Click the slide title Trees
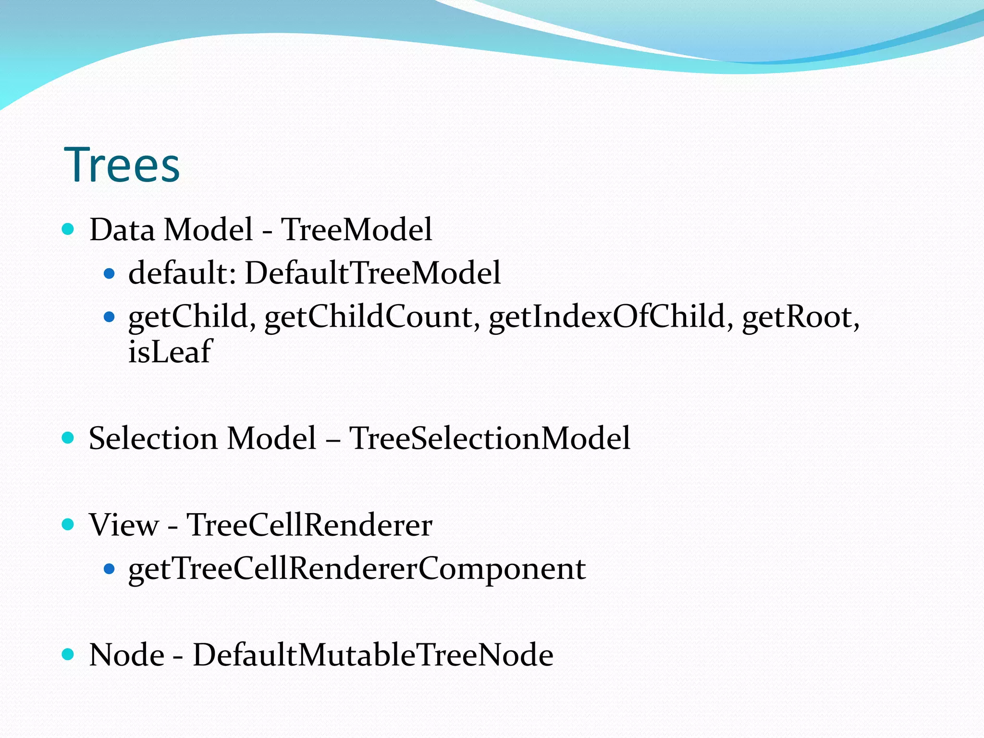tap(122, 165)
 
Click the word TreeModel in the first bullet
tap(356, 229)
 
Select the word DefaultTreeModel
tap(372, 273)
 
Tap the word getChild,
tap(192, 317)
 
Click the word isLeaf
tap(169, 351)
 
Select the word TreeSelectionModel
tap(489, 438)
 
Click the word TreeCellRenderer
tap(309, 524)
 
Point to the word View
tap(123, 524)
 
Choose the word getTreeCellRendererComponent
tap(357, 569)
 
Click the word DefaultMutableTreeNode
tap(373, 654)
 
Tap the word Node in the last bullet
tap(127, 654)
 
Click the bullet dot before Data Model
tap(68, 229)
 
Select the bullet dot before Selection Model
tap(68, 437)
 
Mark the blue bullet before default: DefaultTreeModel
tap(110, 273)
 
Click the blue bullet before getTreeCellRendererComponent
tap(110, 569)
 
